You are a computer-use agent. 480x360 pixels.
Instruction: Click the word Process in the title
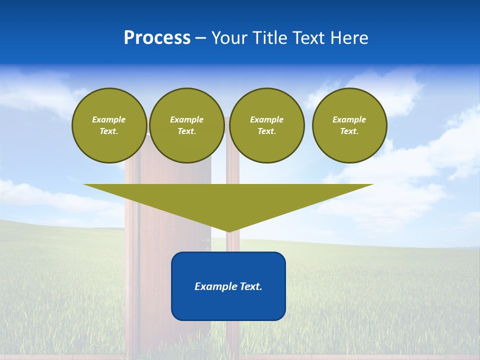click(x=157, y=38)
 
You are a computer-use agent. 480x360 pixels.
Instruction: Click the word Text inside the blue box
click(x=250, y=286)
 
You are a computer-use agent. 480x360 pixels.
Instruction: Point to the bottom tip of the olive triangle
click(x=228, y=231)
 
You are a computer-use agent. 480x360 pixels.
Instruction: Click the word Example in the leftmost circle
click(x=109, y=119)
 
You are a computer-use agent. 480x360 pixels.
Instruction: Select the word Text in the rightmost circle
click(x=349, y=131)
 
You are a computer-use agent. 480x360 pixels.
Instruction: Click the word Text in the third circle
click(x=266, y=131)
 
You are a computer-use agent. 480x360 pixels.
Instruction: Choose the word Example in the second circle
click(x=186, y=119)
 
